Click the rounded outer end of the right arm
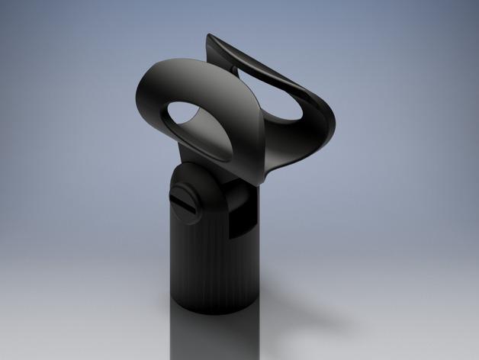click(x=330, y=126)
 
